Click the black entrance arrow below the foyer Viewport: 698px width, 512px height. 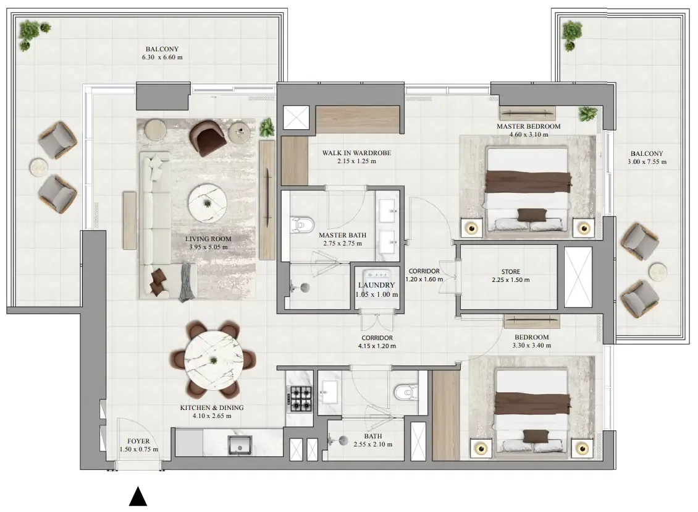138,497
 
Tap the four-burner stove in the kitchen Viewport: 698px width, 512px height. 301,399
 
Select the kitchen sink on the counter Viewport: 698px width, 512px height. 240,445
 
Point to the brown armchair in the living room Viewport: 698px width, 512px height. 208,138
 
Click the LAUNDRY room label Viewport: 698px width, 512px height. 377,285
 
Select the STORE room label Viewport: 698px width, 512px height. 511,271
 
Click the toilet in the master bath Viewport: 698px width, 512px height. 301,225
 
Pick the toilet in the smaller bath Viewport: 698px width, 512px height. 406,391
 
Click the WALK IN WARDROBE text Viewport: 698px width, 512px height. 356,153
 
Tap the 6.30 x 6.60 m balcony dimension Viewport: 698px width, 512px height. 162,58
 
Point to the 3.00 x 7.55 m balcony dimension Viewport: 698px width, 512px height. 647,162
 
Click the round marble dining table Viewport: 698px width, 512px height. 214,360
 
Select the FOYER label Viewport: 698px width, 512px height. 138,441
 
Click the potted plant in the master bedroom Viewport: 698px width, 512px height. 588,114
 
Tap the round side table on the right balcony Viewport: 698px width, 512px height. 657,272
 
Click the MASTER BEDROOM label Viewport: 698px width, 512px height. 528,126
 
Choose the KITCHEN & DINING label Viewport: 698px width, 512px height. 212,407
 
